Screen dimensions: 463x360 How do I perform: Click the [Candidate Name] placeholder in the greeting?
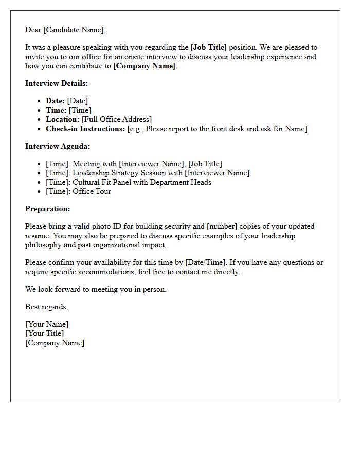pyautogui.click(x=74, y=30)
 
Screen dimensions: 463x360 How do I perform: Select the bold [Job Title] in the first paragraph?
pyautogui.click(x=209, y=47)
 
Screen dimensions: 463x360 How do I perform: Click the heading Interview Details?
pyautogui.click(x=57, y=83)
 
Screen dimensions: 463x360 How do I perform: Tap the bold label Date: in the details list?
pyautogui.click(x=56, y=101)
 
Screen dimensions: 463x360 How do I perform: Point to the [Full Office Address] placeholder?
pyautogui.click(x=117, y=119)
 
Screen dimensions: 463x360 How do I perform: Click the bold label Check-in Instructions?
pyautogui.click(x=85, y=129)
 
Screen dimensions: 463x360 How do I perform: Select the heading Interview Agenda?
pyautogui.click(x=58, y=146)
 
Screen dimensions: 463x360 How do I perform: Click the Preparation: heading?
pyautogui.click(x=48, y=209)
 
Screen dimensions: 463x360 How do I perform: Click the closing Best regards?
pyautogui.click(x=47, y=307)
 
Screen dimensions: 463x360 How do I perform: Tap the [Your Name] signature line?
pyautogui.click(x=47, y=324)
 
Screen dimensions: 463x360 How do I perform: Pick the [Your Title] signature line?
pyautogui.click(x=45, y=333)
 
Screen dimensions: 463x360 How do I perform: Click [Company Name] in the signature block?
pyautogui.click(x=55, y=343)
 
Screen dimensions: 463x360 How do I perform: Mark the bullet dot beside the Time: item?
pyautogui.click(x=40, y=111)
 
